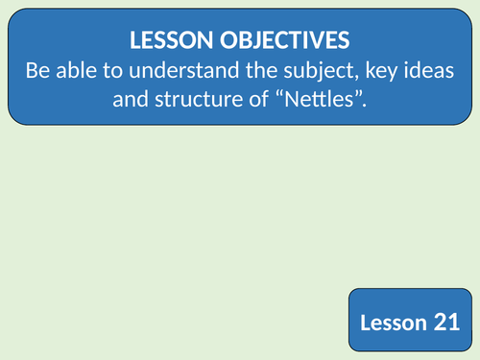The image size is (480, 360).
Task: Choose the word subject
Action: click(324, 70)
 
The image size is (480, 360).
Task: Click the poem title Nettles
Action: click(331, 98)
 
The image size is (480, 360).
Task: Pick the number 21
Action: click(446, 323)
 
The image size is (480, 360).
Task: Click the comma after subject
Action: click(360, 76)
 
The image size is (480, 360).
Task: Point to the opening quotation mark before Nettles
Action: click(296, 92)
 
